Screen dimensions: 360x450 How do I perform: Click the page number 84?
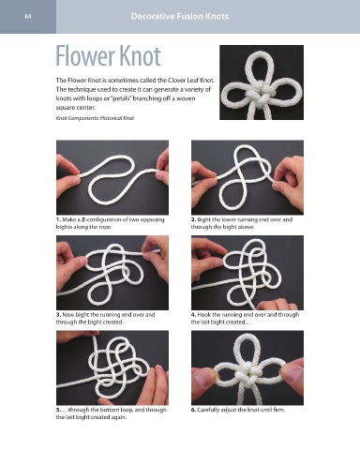tap(28, 17)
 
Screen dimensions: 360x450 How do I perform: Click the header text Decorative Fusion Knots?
tap(180, 16)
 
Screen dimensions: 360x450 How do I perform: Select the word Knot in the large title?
tap(140, 56)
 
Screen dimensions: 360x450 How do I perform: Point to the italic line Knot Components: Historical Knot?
tap(95, 118)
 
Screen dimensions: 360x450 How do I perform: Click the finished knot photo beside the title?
tap(262, 82)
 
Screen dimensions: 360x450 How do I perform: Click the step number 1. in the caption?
tap(58, 219)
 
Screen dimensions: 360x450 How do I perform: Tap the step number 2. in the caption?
tap(194, 219)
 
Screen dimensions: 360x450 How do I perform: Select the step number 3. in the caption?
tap(58, 314)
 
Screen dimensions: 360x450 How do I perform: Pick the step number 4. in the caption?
tap(194, 314)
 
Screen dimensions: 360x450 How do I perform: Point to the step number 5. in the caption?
tap(58, 410)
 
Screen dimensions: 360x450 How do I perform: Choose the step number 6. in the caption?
tap(194, 410)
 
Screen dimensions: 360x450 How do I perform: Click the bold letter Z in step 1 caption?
tap(83, 219)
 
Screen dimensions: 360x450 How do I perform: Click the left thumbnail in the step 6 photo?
tap(202, 377)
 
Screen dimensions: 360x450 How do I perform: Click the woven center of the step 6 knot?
tap(248, 372)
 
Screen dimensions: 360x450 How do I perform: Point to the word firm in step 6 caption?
tap(279, 410)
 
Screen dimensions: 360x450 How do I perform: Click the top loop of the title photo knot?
tap(260, 63)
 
